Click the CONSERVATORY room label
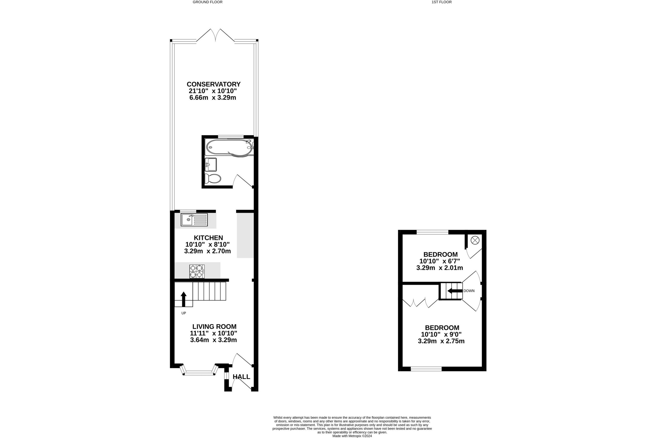pos(213,84)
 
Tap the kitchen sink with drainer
pos(194,220)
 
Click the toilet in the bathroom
pos(213,179)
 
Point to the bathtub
pos(229,147)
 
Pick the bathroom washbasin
pos(211,165)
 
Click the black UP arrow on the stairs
pos(184,299)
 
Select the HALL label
pos(241,377)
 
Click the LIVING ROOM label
pos(214,327)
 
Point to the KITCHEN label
pos(208,238)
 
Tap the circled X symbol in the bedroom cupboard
pos(475,240)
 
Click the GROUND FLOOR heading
pos(207,2)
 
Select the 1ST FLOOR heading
pos(442,2)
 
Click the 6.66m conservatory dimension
pos(198,98)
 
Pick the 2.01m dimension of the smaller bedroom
pos(451,268)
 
